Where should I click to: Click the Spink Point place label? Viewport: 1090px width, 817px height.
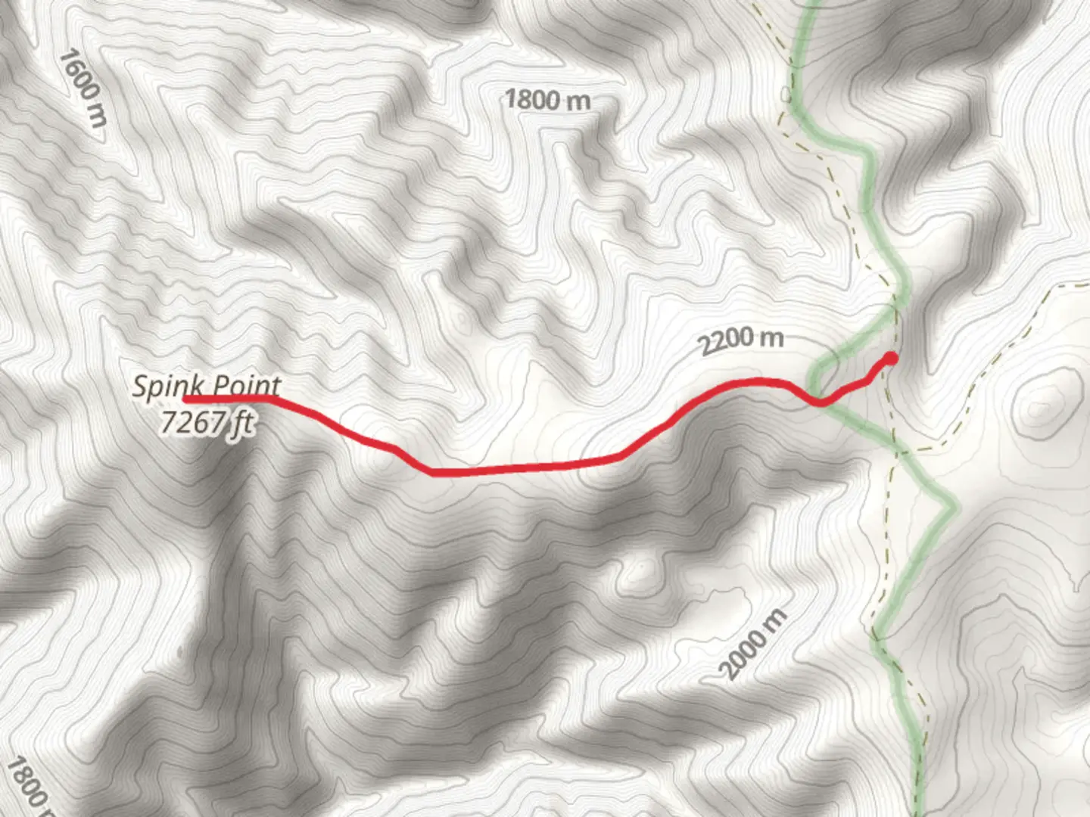(206, 387)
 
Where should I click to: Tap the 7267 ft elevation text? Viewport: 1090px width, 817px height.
(206, 422)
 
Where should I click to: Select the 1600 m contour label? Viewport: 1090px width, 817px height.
(83, 87)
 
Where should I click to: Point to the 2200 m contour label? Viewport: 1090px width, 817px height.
(740, 342)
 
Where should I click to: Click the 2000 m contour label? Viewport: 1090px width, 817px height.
(753, 644)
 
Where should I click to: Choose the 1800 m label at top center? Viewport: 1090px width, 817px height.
(547, 99)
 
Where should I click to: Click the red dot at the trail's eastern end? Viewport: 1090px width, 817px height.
(892, 358)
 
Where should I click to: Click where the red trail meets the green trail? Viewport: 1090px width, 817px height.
(821, 402)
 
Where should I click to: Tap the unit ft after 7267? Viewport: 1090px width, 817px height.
(241, 423)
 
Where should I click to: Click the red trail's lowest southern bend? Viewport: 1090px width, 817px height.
(434, 473)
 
